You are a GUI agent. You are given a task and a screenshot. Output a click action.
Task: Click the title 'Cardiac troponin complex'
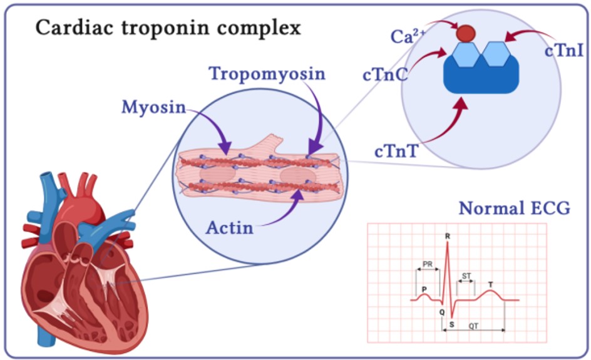(x=168, y=28)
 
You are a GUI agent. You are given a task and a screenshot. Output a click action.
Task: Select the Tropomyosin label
(x=267, y=74)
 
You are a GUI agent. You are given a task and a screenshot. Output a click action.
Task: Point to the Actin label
(x=230, y=227)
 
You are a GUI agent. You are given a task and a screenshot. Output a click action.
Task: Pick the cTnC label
(x=385, y=75)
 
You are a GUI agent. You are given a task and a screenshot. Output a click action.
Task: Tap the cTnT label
(x=396, y=151)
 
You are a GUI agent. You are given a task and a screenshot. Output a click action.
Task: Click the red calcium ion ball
(x=465, y=33)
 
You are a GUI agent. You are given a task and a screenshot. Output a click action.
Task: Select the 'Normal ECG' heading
(x=514, y=208)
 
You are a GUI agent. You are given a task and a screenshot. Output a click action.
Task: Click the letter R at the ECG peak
(x=447, y=236)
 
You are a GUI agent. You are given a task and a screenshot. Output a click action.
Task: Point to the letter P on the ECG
(x=424, y=289)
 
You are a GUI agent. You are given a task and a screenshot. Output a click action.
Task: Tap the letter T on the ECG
(x=490, y=285)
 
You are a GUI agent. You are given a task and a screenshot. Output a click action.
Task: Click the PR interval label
(x=428, y=264)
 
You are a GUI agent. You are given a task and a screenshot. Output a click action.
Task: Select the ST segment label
(x=466, y=275)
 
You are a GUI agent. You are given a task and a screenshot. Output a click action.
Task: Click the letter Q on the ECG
(x=441, y=311)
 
